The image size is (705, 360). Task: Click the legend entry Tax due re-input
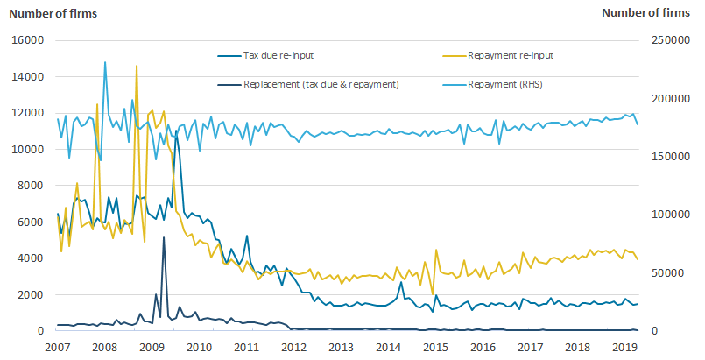tap(278, 55)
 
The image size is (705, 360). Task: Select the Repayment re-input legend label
tap(511, 55)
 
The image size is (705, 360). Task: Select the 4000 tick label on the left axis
tap(32, 258)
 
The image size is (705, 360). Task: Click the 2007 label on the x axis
tap(58, 347)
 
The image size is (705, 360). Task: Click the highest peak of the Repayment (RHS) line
tap(105, 62)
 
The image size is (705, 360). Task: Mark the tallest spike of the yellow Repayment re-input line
tap(136, 66)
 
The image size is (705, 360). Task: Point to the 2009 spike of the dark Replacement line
tap(164, 237)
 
